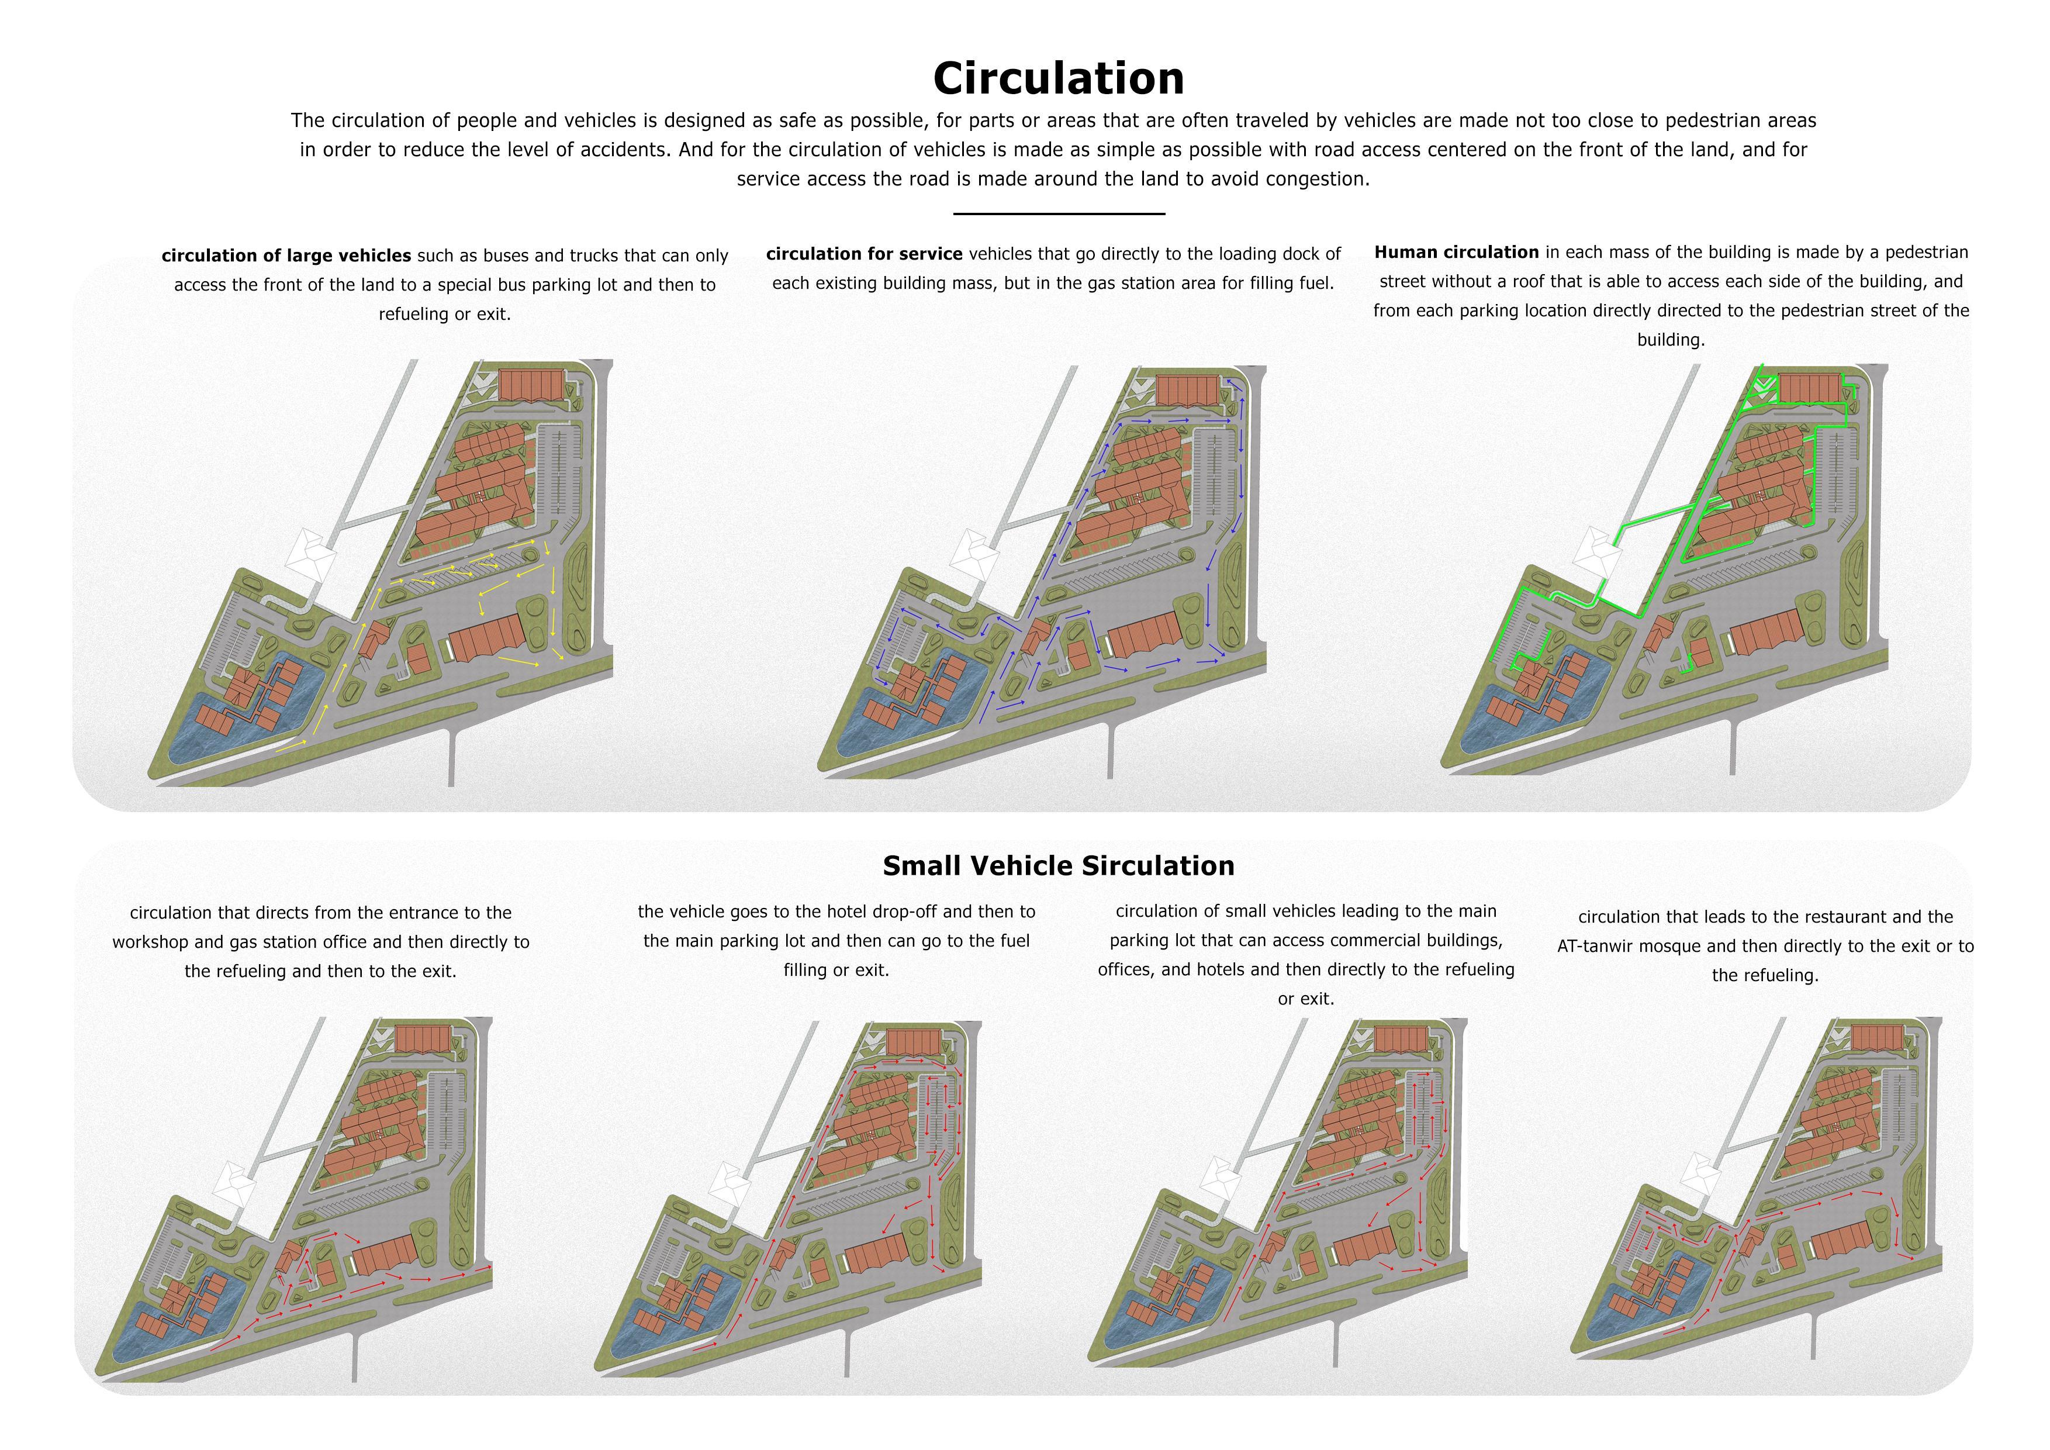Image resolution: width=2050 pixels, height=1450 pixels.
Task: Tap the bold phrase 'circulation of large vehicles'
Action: [x=286, y=256]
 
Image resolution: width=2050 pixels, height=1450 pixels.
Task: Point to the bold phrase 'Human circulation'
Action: [x=1456, y=252]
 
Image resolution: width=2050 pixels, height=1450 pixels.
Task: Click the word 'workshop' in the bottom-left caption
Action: [x=148, y=942]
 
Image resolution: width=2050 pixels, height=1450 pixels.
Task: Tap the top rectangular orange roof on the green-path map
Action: [x=1810, y=388]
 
